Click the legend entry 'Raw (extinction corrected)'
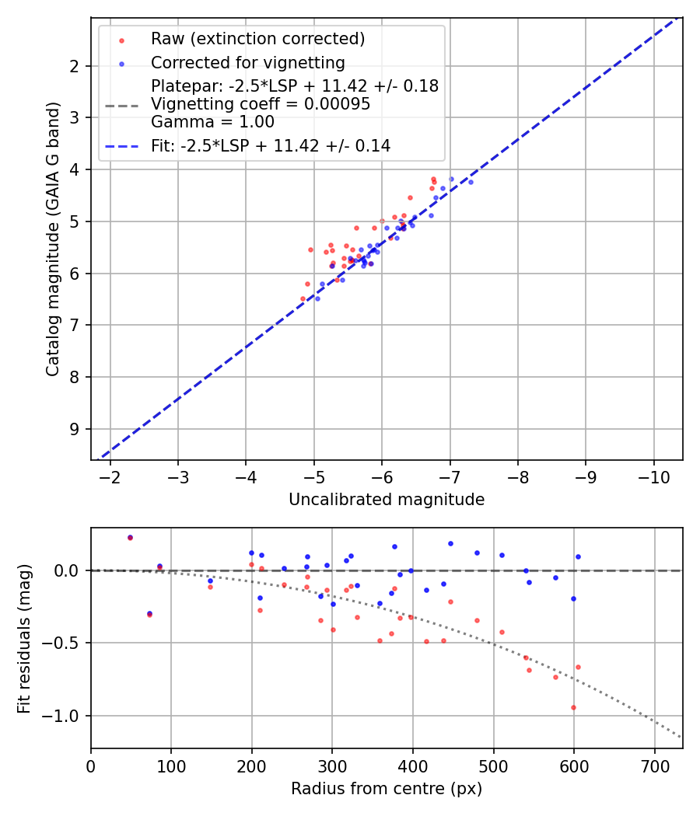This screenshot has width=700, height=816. (257, 39)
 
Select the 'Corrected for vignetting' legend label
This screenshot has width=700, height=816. (248, 62)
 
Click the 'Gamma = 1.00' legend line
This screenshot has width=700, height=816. (212, 122)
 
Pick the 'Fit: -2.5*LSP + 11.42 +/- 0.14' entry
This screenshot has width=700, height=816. (271, 145)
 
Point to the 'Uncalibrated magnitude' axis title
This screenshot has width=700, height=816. (387, 500)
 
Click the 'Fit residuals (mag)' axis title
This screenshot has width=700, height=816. (25, 638)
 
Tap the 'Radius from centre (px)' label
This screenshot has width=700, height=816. (387, 789)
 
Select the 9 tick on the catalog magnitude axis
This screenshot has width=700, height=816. (74, 429)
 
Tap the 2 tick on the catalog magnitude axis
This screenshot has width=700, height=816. (74, 66)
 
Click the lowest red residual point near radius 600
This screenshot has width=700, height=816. (573, 707)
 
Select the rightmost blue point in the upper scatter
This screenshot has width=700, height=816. (471, 182)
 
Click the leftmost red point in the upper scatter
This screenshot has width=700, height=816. (303, 298)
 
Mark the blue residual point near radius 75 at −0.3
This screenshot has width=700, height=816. (149, 613)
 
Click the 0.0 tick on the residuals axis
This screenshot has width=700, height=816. (71, 570)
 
